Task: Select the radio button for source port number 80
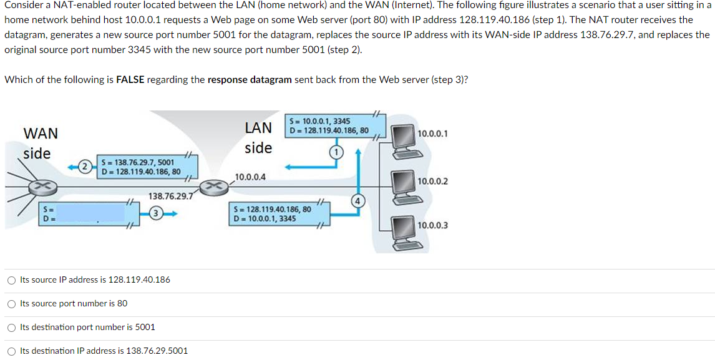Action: (x=11, y=304)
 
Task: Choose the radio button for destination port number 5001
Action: (x=11, y=328)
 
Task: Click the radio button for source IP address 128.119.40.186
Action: (x=11, y=280)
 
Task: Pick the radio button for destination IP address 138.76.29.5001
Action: (x=11, y=351)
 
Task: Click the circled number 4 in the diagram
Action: (x=357, y=201)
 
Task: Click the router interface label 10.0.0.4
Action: (x=250, y=177)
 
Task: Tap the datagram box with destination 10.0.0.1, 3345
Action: (x=273, y=213)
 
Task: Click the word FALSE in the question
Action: (x=130, y=79)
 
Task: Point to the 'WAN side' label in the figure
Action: (x=39, y=143)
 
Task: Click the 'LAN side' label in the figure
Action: (x=258, y=138)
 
